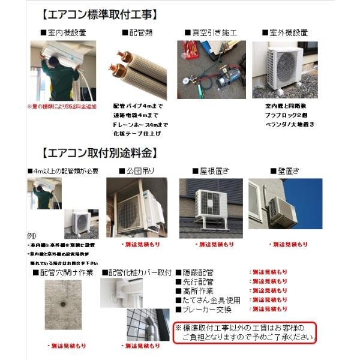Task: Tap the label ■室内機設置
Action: click(62, 32)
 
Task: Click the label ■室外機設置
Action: click(285, 32)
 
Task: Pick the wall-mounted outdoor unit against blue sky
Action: click(277, 205)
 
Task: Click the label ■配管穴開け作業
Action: click(62, 272)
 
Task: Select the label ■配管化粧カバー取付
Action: click(137, 272)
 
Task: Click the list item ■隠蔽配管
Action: click(194, 272)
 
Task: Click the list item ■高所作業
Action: click(194, 291)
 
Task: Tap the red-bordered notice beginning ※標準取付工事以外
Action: click(245, 332)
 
